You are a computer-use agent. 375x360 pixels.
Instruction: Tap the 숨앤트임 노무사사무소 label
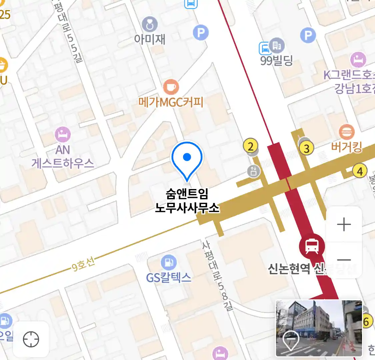click(187, 200)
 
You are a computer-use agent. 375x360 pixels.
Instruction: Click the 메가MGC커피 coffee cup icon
click(171, 87)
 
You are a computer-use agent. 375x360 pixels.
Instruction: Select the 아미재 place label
click(150, 39)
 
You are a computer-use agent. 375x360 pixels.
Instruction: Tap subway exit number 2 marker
click(250, 146)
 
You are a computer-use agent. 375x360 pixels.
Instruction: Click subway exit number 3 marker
click(306, 148)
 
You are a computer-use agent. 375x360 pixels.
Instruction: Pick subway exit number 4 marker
click(360, 171)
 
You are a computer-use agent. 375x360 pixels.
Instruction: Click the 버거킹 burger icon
click(347, 132)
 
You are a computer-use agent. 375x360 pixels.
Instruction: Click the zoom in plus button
click(344, 225)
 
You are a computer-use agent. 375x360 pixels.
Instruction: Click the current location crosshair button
click(31, 339)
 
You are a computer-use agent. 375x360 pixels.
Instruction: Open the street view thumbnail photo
click(319, 328)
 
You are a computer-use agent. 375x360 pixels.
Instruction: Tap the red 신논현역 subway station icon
click(312, 247)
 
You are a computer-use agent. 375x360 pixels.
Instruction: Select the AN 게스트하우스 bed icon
click(63, 135)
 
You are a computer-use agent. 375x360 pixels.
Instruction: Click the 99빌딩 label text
click(276, 61)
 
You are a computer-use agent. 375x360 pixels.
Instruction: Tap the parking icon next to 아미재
click(201, 33)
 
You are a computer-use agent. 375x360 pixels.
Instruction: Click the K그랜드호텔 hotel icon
click(358, 60)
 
